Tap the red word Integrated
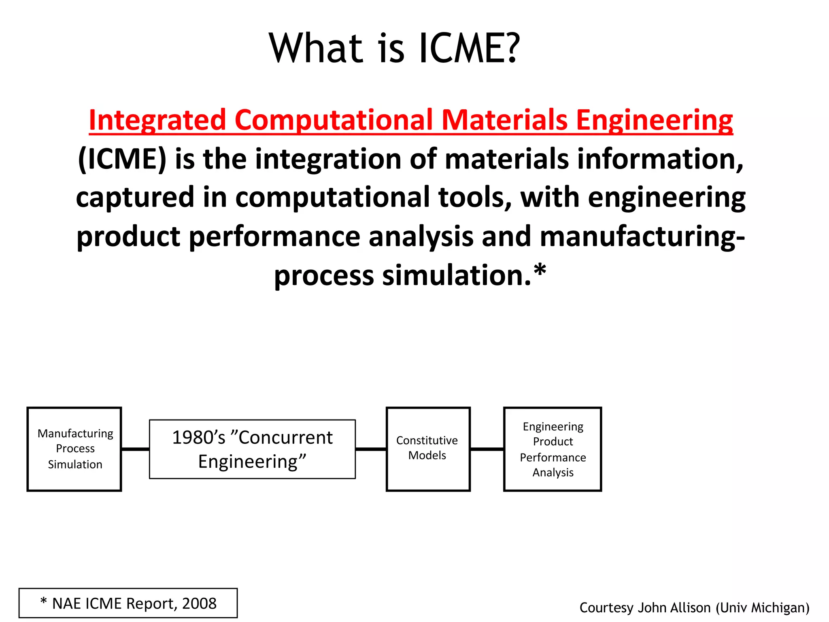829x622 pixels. [157, 120]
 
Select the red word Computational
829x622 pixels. [333, 120]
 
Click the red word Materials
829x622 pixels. [504, 120]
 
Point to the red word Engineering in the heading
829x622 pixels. [654, 120]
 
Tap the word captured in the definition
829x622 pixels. [135, 197]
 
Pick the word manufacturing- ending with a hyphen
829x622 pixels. [642, 236]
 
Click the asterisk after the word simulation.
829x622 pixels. [540, 271]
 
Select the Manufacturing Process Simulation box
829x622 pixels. [74, 449]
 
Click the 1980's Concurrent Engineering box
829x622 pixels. [252, 449]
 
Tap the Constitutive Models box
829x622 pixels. [428, 449]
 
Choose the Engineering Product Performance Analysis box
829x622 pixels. [553, 449]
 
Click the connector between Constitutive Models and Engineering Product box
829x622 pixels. [487, 449]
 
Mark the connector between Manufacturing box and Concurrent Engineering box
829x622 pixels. [135, 449]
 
